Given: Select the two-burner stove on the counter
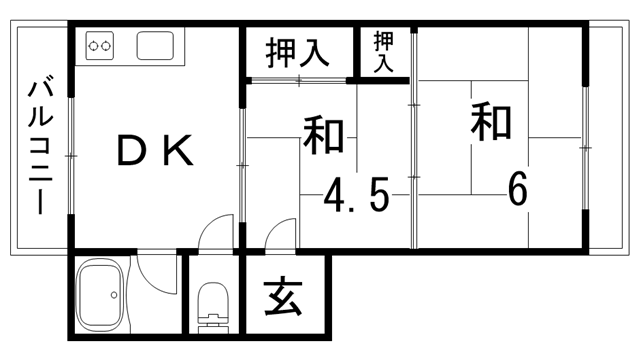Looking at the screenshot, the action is click(x=101, y=45).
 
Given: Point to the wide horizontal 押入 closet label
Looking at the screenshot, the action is click(x=297, y=52).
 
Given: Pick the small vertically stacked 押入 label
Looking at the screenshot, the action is click(x=384, y=51).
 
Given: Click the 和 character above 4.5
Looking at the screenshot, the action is click(x=324, y=137).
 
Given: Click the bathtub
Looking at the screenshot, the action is click(x=100, y=297).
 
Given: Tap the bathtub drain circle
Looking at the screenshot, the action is click(x=116, y=295).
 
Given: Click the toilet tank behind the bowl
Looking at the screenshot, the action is click(x=213, y=325).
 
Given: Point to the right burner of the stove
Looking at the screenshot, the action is click(x=109, y=45).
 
